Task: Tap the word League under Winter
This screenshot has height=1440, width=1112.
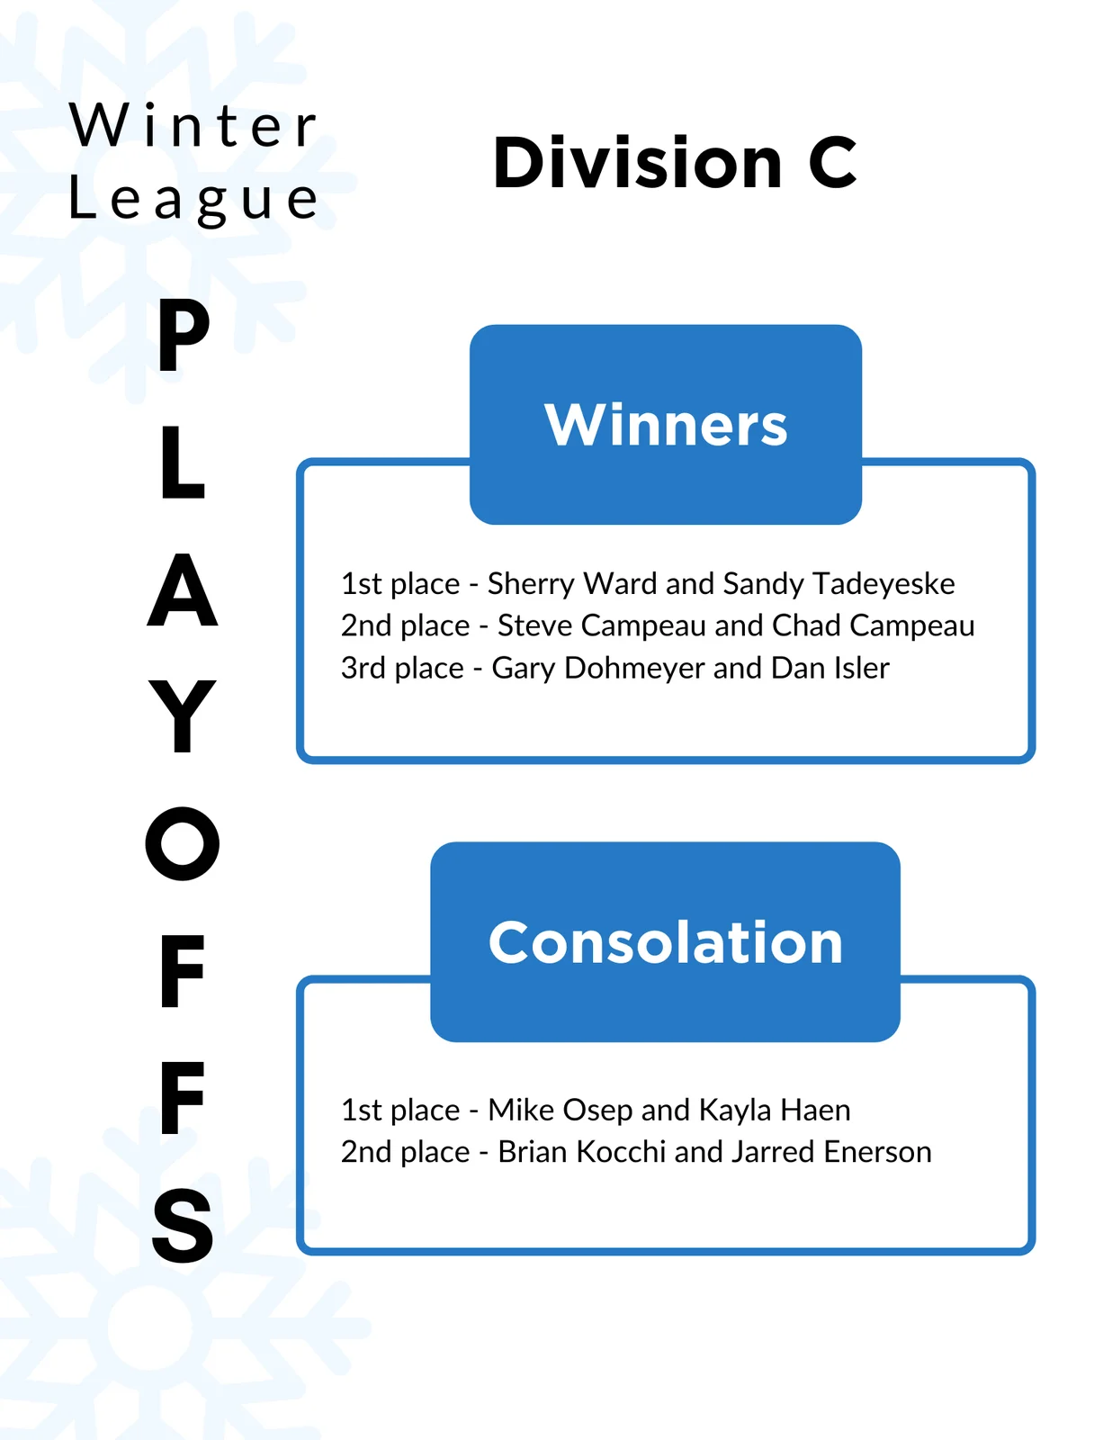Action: point(193,199)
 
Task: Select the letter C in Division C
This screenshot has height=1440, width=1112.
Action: point(832,162)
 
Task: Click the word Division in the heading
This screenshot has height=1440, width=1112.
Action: point(638,162)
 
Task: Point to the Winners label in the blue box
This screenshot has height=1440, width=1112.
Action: point(666,425)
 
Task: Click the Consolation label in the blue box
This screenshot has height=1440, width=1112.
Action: point(666,942)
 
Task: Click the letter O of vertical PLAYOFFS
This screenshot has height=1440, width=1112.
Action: point(182,843)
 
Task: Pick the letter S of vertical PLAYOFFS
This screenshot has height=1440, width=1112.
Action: point(183,1225)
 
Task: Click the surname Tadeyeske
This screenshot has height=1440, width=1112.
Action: point(883,584)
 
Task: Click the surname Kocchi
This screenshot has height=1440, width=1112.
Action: point(621,1152)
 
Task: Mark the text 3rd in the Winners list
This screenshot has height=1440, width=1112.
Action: point(363,668)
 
